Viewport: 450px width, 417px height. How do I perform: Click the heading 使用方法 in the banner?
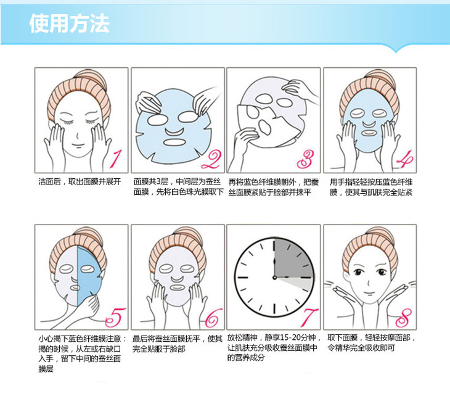point(70,23)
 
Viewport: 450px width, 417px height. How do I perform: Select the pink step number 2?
point(211,160)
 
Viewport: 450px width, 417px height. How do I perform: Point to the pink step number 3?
point(305,159)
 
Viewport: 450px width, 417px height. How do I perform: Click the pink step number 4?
point(405,159)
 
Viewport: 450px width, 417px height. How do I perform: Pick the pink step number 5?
point(116,317)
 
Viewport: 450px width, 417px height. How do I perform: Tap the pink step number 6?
point(214,318)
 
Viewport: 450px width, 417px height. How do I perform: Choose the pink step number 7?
point(309,317)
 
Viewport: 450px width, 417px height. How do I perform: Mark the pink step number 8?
point(404,318)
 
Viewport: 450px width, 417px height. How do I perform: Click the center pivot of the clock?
point(274,278)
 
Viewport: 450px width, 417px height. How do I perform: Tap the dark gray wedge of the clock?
point(293,258)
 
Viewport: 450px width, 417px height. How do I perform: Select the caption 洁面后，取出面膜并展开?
point(80,181)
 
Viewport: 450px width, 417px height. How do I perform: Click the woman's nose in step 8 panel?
point(369,283)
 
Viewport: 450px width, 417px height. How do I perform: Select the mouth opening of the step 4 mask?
point(369,133)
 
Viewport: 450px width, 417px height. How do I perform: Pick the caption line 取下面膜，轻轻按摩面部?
point(371,337)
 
